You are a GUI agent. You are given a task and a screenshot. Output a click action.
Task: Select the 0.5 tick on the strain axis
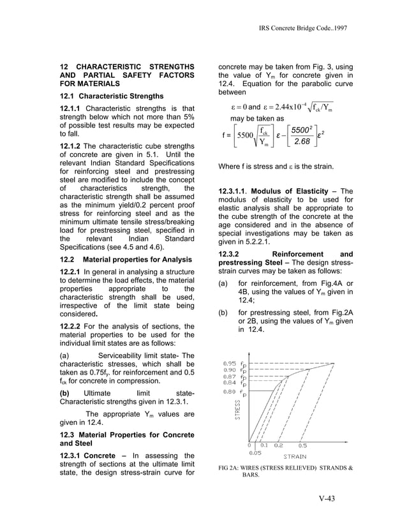(x=302, y=446)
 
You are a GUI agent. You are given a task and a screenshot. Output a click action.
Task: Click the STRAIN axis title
(x=294, y=456)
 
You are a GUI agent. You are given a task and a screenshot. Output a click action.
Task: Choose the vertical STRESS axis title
(x=237, y=409)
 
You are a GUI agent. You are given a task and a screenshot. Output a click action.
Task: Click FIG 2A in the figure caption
(x=230, y=468)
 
